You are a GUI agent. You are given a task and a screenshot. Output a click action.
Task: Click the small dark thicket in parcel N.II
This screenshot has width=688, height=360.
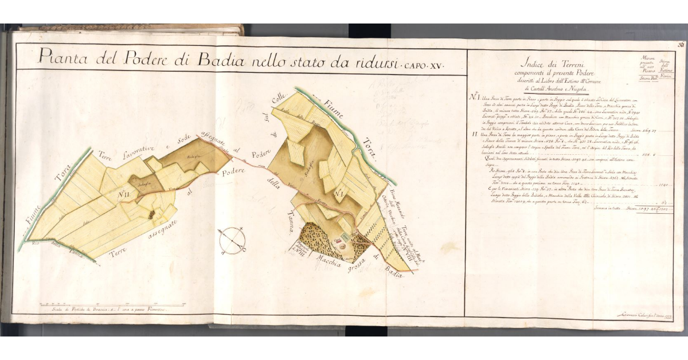pos(151,214)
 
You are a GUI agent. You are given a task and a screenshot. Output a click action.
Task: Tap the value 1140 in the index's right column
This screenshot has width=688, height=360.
pos(664,185)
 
